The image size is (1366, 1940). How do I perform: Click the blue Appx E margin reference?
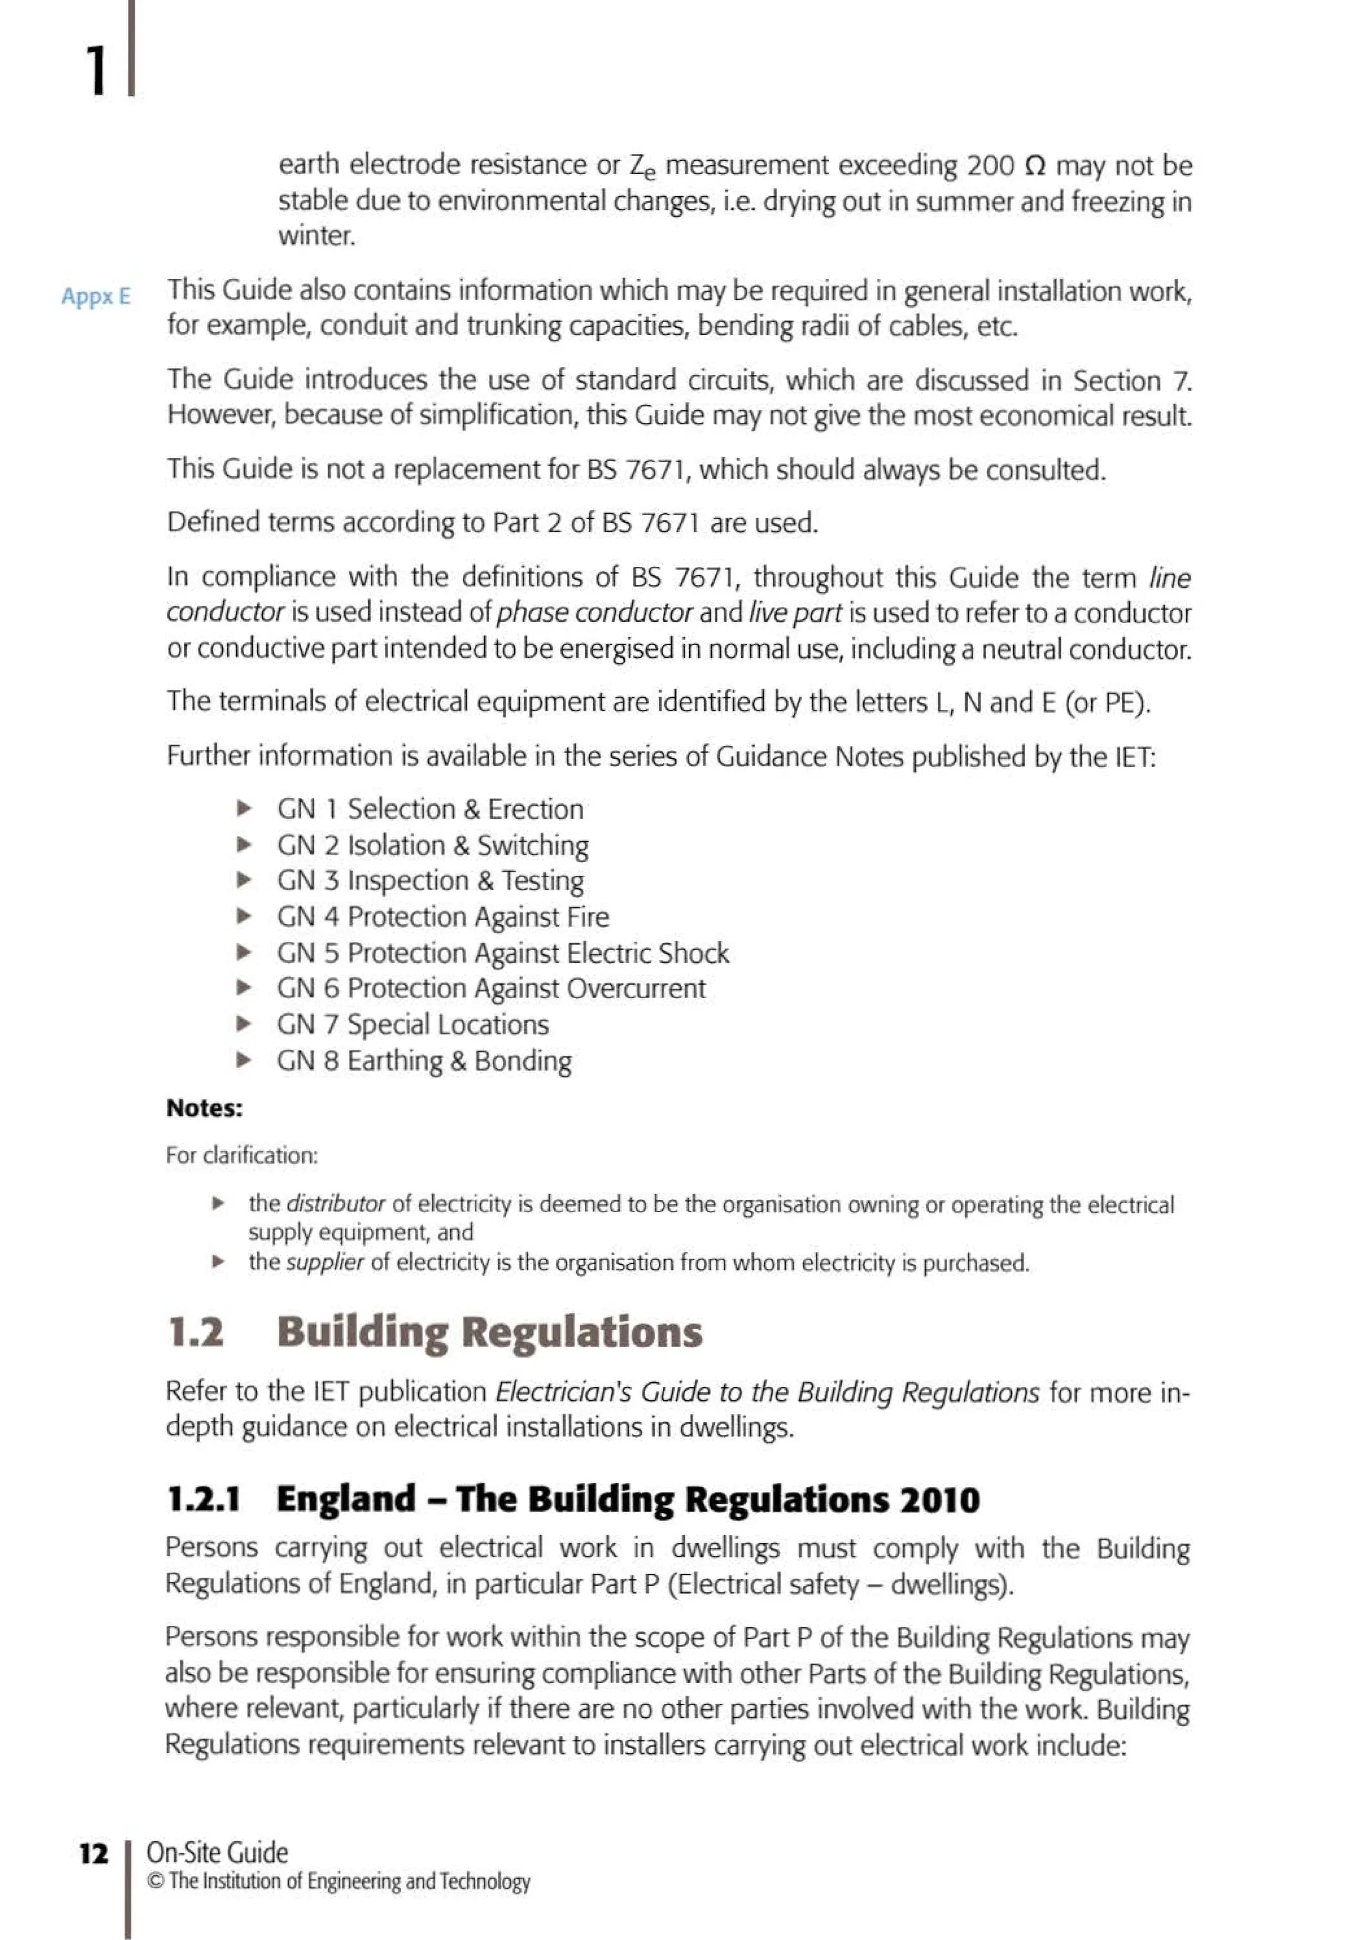coord(95,297)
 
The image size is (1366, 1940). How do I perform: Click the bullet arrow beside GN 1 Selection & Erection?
coord(244,809)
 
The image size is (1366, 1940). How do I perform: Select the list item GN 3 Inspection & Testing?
coord(430,881)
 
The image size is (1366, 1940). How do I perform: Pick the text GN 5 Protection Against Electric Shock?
coord(503,953)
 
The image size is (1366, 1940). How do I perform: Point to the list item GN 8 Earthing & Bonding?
coord(424,1061)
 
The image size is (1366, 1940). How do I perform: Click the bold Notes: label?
coord(205,1109)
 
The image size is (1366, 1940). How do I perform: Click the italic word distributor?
coord(335,1204)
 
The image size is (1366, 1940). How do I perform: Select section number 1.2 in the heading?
coord(196,1332)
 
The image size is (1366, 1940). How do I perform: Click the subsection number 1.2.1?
coord(203,1499)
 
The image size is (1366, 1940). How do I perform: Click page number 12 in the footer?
coord(94,1854)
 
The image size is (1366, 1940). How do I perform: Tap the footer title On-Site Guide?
coord(217,1852)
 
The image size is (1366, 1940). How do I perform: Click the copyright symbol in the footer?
coord(155,1882)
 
